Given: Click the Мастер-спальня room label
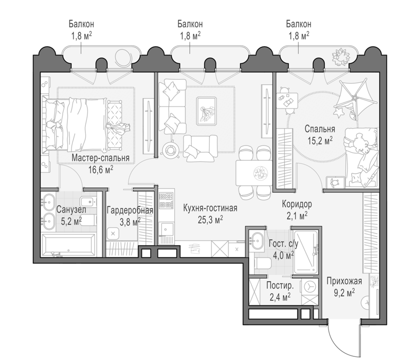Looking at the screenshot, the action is click(100, 158).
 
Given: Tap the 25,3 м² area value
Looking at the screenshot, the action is click(210, 220).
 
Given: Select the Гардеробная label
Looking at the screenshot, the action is click(130, 210).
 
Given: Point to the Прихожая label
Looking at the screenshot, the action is click(344, 281).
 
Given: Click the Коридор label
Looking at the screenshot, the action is click(297, 204).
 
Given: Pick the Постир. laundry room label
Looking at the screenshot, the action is click(280, 286).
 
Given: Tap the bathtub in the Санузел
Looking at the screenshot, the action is click(68, 245).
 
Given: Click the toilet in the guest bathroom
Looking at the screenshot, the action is click(263, 263).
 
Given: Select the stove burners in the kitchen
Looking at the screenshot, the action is click(166, 201).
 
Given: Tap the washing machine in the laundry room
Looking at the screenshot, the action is click(310, 286).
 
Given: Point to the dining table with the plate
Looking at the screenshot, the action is click(254, 173).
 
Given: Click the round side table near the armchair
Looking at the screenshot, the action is click(171, 149).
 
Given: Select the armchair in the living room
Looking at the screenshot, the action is click(200, 149).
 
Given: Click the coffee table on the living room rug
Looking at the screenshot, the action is click(206, 111).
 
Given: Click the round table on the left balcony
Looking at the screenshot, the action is click(122, 57).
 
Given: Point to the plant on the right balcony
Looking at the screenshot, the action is click(341, 57).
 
